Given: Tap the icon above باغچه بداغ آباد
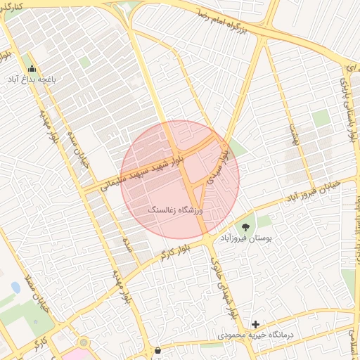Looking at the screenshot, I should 32,69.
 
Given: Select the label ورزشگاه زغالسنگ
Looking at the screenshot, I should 176,210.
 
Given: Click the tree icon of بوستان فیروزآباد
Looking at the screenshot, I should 245,226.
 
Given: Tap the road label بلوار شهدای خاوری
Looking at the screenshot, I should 219,278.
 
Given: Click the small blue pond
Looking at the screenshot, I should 15,288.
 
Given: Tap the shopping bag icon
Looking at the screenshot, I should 157,349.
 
